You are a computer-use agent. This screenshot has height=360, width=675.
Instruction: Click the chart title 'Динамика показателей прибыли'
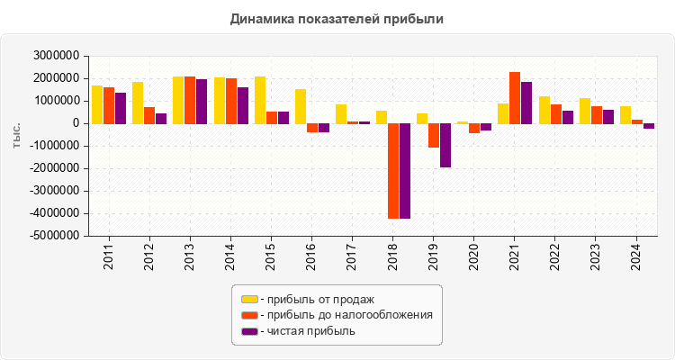click(x=337, y=18)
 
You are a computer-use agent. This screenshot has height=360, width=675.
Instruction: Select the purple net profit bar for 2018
click(x=405, y=171)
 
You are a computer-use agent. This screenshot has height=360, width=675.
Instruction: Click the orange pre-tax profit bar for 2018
click(x=393, y=171)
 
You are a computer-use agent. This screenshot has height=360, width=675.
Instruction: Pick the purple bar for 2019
click(x=445, y=145)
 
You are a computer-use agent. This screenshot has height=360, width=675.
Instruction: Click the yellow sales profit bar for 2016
click(x=301, y=106)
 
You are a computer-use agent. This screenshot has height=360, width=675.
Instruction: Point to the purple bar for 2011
click(x=121, y=108)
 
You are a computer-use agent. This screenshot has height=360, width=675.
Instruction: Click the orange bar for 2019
click(x=434, y=135)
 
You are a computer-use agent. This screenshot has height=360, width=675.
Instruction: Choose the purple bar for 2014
click(x=243, y=105)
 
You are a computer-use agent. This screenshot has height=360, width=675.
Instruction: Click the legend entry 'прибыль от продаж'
click(x=317, y=299)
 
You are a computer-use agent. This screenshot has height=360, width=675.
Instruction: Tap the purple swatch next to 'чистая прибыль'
click(x=249, y=331)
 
